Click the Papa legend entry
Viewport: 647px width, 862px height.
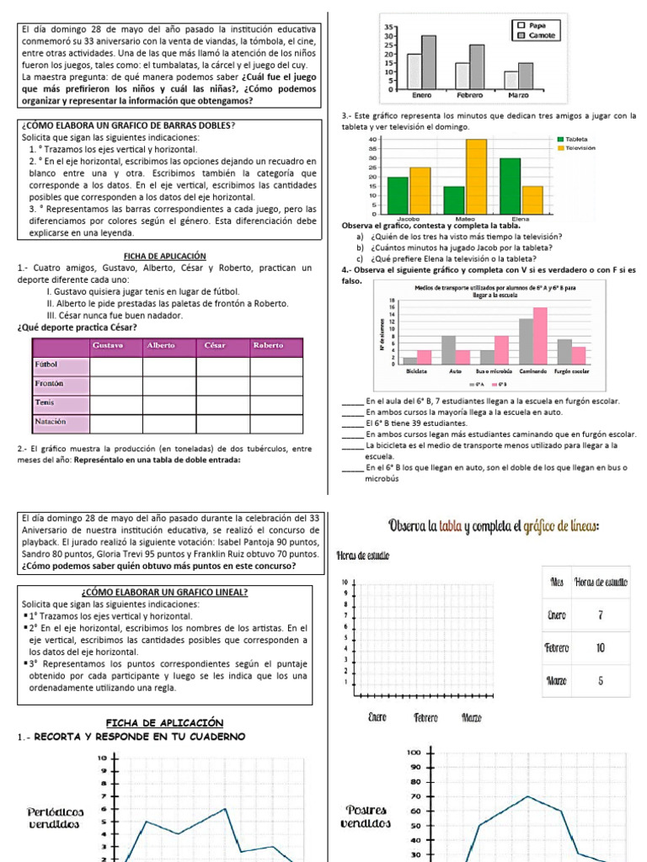tap(536, 26)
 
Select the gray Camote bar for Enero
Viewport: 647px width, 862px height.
tap(429, 61)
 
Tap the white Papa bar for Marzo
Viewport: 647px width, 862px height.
tap(511, 80)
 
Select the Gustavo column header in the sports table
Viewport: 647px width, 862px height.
tap(115, 346)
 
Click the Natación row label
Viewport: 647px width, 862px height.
tap(51, 421)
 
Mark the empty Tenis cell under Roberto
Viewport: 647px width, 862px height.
tap(275, 403)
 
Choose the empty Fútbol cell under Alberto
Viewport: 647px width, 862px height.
tap(169, 366)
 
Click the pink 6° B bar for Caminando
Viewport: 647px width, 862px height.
tap(540, 335)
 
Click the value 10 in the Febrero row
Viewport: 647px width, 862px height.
tap(601, 648)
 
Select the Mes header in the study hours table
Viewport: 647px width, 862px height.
tap(557, 583)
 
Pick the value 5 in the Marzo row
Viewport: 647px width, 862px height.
tap(601, 681)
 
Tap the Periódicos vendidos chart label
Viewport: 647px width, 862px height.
tap(55, 818)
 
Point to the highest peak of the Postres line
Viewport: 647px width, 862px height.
tap(527, 796)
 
